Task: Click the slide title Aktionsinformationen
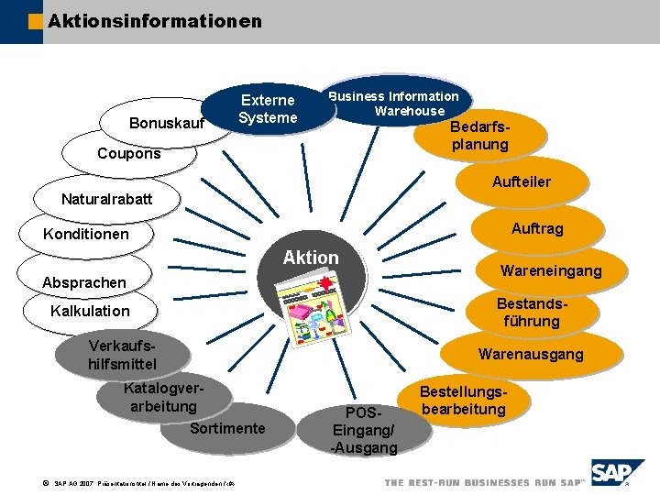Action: pos(154,20)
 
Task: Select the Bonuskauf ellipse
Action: pos(167,123)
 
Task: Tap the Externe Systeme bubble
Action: pos(268,109)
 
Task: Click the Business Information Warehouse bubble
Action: pos(394,104)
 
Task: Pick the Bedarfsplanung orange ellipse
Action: pos(479,136)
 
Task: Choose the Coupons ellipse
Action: pos(129,154)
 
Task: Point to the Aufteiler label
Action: pos(521,181)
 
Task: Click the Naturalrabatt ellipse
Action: pos(107,199)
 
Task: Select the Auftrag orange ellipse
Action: pos(537,228)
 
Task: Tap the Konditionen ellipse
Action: pos(86,235)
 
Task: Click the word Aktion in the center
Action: pos(311,258)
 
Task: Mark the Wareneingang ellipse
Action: pos(550,270)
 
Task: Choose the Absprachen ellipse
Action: pos(84,282)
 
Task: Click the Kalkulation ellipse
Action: pos(90,311)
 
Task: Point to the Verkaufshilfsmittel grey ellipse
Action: pos(123,356)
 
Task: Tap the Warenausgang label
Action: pos(530,354)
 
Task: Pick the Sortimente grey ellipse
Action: pos(227,428)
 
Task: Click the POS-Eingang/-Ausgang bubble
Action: pos(364,429)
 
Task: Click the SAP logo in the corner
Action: pos(618,474)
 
